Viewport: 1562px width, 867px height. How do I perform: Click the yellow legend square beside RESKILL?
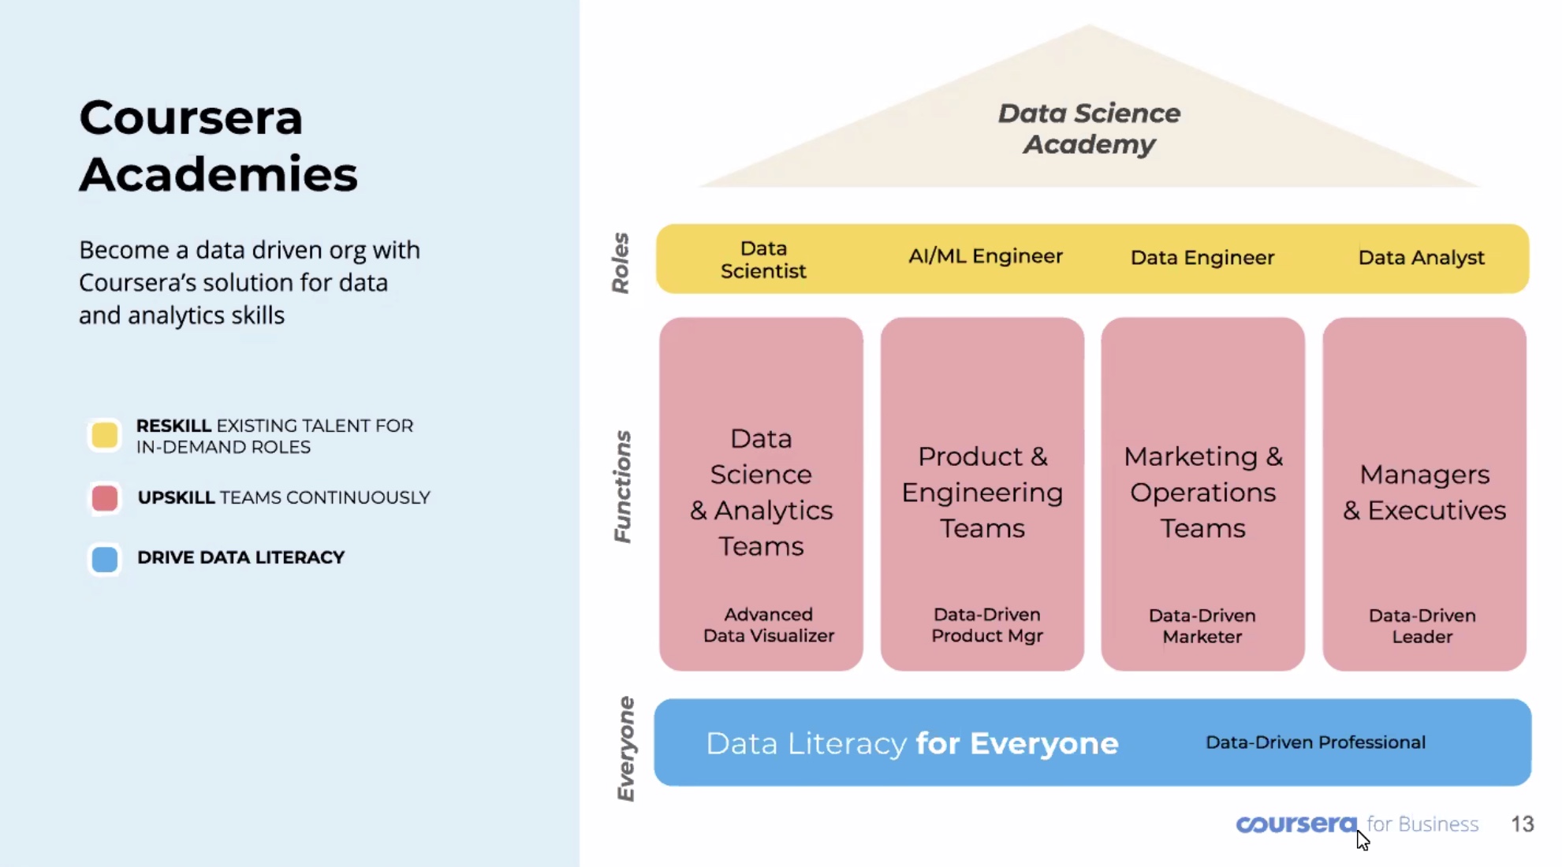105,435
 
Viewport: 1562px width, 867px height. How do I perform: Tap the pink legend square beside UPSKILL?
105,498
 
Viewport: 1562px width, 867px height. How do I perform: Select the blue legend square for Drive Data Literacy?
105,559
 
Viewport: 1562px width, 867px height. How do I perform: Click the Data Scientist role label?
763,259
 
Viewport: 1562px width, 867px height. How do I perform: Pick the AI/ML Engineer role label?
986,256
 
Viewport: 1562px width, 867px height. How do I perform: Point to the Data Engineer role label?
1202,258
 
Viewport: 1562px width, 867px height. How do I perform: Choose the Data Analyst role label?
1422,258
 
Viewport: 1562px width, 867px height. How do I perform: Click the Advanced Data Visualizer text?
769,625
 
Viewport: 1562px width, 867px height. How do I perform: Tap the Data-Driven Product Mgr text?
987,625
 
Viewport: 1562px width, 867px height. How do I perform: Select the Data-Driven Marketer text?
1202,626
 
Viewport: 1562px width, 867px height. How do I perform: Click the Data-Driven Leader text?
1422,626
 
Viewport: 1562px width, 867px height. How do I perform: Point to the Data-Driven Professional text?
1316,742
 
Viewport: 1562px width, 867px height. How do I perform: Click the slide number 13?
1523,824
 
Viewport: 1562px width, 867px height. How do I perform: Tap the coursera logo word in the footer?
1296,824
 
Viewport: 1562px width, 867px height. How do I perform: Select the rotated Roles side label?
621,263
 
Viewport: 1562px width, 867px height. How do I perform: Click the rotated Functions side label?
623,486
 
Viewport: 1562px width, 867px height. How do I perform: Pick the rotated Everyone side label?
625,749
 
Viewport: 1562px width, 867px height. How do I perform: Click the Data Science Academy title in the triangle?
1090,128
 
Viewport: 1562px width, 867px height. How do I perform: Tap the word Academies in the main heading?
218,174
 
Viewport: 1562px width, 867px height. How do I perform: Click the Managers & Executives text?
1425,493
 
